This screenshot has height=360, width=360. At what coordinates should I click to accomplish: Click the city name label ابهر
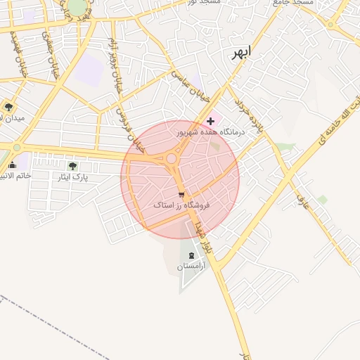coord(241,55)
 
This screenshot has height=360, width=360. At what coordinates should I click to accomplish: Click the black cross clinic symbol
coord(210,121)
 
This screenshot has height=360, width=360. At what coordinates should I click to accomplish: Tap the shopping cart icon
coord(181,194)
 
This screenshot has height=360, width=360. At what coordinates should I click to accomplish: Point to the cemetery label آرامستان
coord(192,266)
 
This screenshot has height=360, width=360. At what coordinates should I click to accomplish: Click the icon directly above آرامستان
coord(193,255)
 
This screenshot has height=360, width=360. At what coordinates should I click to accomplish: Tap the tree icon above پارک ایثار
coord(72,166)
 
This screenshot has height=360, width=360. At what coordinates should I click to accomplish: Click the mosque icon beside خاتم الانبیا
coord(11,166)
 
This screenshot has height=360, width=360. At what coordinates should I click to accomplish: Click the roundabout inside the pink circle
coord(172,159)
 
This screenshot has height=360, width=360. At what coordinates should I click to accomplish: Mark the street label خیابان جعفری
coord(50,56)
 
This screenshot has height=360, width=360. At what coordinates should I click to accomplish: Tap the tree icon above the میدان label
coord(9,107)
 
